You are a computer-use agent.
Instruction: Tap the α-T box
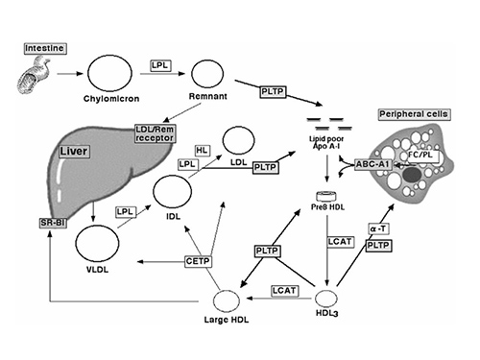pos(377,230)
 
